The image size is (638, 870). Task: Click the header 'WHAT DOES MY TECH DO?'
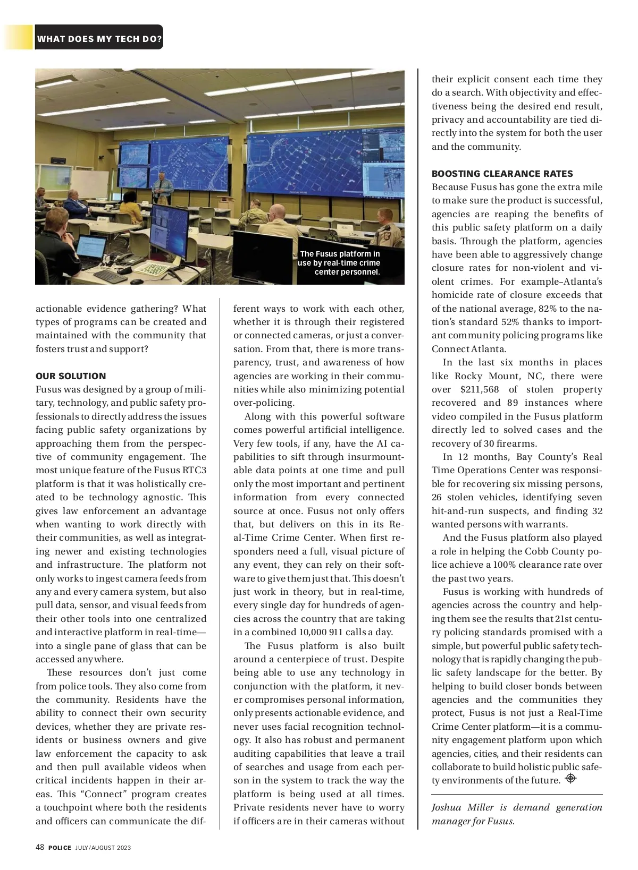99,39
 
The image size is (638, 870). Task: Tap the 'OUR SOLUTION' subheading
71,376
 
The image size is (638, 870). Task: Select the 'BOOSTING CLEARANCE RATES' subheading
502,174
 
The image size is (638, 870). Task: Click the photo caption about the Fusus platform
339,263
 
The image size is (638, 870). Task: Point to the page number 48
40,847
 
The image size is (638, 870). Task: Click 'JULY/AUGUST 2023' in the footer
103,848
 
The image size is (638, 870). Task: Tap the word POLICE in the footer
60,848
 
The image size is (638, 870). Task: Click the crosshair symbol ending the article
570,779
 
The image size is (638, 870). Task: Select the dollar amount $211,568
479,389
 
